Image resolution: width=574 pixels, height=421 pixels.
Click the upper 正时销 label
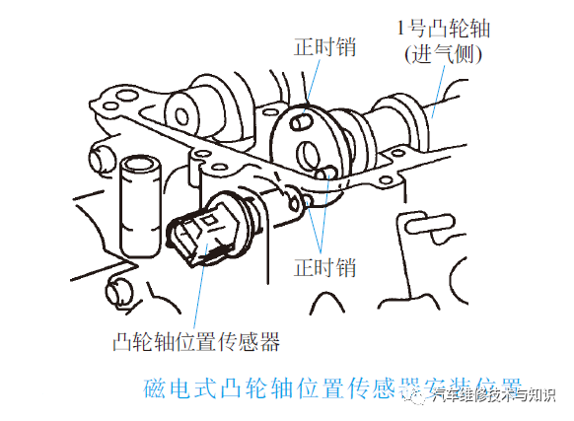pyautogui.click(x=325, y=47)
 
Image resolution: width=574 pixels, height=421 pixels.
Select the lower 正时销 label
pyautogui.click(x=325, y=266)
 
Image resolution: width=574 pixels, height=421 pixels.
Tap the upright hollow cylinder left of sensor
pyautogui.click(x=135, y=202)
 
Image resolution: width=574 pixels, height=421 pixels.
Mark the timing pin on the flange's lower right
pyautogui.click(x=327, y=175)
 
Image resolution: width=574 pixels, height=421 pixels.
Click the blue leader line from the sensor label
pyautogui.click(x=200, y=296)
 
